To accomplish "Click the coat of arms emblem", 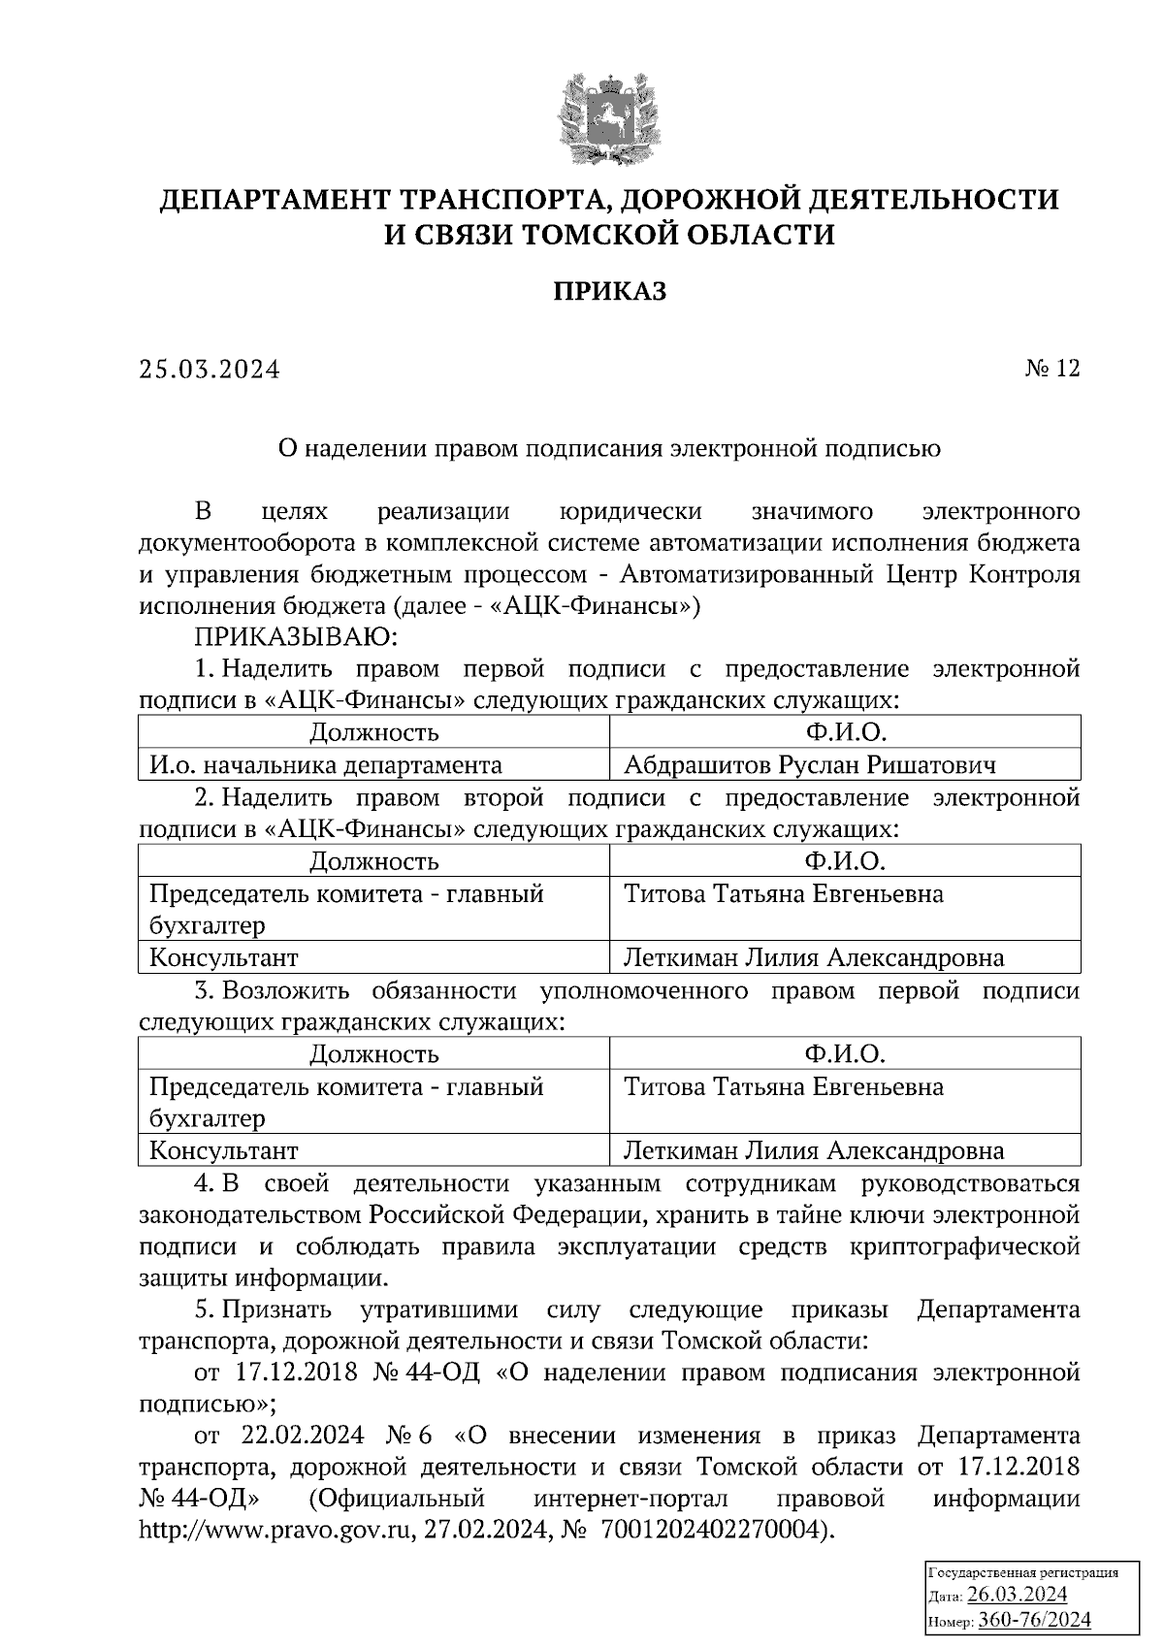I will point(609,114).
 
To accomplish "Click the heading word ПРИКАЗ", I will point(610,291).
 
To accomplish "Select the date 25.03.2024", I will point(209,370).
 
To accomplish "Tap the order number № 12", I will point(1051,369).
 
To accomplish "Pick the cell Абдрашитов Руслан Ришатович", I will point(809,765).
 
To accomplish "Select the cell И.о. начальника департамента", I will point(325,765).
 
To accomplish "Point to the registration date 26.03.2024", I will point(1018,1596).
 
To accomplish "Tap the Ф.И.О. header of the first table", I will point(844,732).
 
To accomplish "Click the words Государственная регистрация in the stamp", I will point(1023,1572).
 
